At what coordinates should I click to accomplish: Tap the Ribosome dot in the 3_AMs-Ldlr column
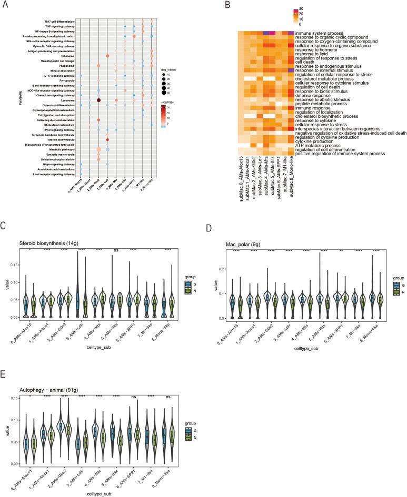tap(107, 55)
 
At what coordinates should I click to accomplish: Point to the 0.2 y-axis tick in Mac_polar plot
tap(213, 269)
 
